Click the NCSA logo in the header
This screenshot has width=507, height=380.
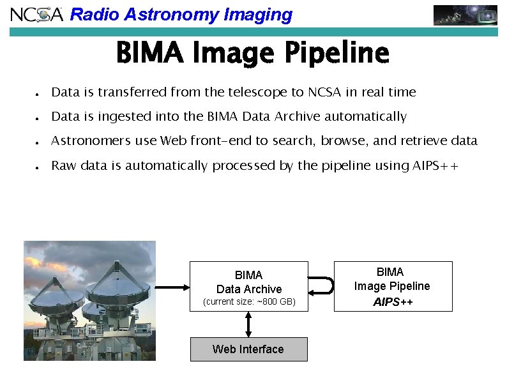click(37, 14)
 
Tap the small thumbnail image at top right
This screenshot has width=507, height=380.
click(465, 15)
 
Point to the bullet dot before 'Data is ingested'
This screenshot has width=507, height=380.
click(38, 118)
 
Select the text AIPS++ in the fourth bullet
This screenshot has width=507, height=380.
click(435, 166)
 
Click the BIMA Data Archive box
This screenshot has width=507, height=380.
click(249, 282)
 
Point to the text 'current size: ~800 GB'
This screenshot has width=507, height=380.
click(249, 301)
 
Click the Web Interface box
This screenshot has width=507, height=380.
click(248, 349)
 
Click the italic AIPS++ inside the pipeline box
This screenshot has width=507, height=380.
click(393, 301)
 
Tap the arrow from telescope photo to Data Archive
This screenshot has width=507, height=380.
click(172, 287)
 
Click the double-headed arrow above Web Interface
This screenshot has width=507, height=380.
click(248, 324)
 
